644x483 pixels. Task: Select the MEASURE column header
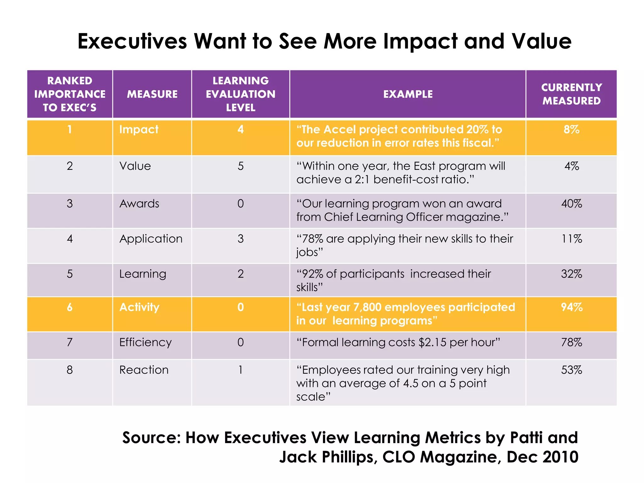pos(152,94)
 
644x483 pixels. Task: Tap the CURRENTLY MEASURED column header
pos(571,94)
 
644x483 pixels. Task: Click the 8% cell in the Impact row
pos(571,130)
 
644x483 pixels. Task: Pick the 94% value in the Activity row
pos(571,307)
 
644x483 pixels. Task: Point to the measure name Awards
pos(139,204)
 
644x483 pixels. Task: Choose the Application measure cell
pos(151,239)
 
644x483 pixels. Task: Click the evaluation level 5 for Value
pos(241,166)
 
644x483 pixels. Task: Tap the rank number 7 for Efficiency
pos(70,342)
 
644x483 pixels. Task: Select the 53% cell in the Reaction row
pos(571,370)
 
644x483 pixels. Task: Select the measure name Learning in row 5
pos(143,274)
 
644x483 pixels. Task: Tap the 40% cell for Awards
pos(571,204)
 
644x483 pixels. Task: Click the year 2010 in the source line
pos(560,457)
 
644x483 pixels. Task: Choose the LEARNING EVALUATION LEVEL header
pos(241,94)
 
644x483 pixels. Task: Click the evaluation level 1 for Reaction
pos(241,370)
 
